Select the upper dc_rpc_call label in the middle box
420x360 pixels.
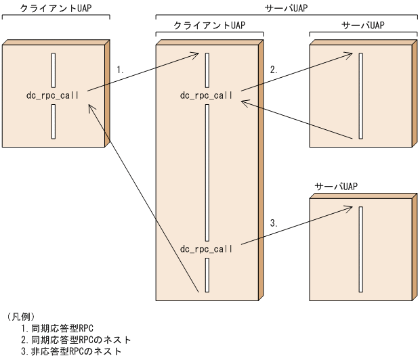tap(207, 95)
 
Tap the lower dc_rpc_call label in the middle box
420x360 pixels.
tap(207, 248)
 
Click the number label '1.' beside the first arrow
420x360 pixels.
tap(121, 70)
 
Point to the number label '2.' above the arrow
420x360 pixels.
tap(274, 70)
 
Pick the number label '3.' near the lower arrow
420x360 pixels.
tap(274, 223)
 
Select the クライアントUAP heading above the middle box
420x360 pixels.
tap(210, 26)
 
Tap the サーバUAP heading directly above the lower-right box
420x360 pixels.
tap(336, 186)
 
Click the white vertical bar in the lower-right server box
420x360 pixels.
tap(362, 250)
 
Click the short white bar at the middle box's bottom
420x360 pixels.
tap(207, 275)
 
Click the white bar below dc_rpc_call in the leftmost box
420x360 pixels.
tap(54, 122)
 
